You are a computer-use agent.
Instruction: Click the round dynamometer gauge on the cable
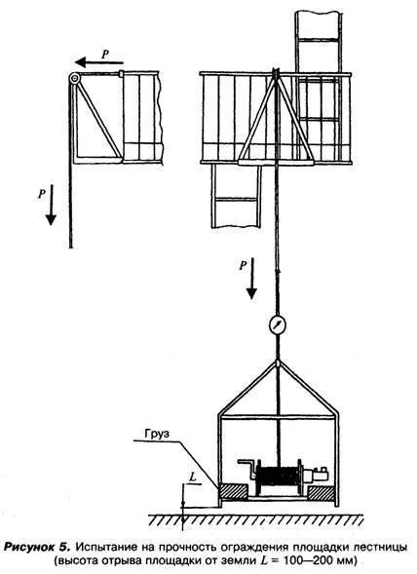[277, 325]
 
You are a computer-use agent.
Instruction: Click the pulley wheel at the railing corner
[74, 78]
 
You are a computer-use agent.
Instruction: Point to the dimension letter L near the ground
[193, 477]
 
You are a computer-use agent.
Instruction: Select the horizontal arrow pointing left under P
[99, 63]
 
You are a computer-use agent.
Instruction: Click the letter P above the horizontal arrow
[105, 54]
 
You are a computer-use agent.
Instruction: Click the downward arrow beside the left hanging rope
[51, 205]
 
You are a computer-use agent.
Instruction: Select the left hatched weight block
[233, 492]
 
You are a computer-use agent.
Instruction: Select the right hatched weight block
[322, 493]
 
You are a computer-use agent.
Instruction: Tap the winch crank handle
[246, 468]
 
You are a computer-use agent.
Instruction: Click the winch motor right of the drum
[317, 475]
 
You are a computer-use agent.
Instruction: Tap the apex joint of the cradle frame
[278, 364]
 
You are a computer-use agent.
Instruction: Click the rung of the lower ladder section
[235, 200]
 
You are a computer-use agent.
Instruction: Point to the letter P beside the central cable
[243, 265]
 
